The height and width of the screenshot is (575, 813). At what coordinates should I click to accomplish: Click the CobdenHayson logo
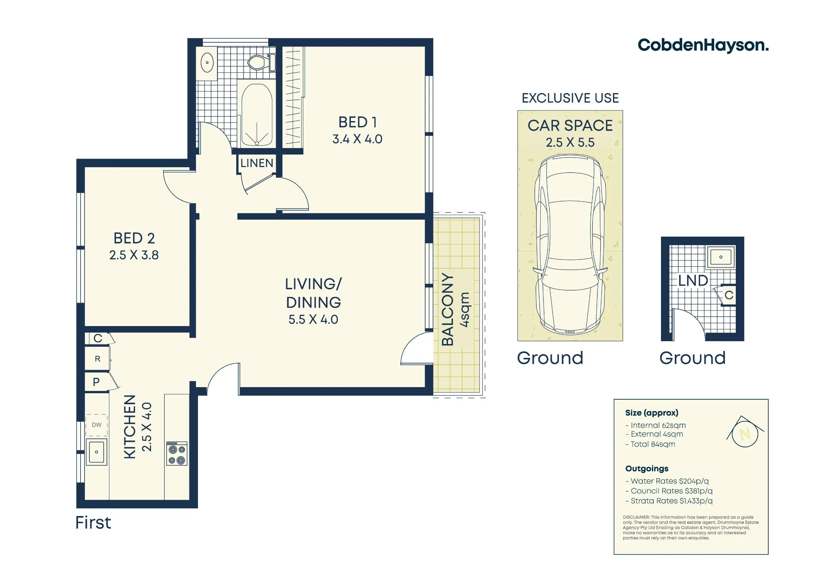703,46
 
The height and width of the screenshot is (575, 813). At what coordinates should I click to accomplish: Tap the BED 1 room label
358,122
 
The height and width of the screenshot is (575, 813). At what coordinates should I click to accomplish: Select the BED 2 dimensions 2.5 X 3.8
134,255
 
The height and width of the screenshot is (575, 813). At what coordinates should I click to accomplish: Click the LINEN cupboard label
257,163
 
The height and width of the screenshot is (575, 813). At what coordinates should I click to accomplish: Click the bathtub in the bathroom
257,115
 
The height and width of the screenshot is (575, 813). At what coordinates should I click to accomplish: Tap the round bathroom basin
207,63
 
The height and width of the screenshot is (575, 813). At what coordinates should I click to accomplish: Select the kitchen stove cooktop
177,453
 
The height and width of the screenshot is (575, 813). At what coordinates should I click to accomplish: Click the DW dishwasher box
97,425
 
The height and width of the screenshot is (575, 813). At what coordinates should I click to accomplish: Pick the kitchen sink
97,451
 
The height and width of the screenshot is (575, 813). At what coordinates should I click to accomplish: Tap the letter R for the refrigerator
98,359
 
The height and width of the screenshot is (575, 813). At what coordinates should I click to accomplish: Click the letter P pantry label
96,382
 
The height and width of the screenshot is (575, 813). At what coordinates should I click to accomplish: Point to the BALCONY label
448,309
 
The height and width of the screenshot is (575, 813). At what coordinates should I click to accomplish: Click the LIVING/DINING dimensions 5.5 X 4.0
313,319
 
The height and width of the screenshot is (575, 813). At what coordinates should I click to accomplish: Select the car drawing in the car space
570,244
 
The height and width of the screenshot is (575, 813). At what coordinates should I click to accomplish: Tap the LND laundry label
693,281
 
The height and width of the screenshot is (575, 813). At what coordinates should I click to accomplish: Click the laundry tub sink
721,257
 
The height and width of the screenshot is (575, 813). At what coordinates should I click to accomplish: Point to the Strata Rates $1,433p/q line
669,501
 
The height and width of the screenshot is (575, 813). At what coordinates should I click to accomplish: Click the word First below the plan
93,523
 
